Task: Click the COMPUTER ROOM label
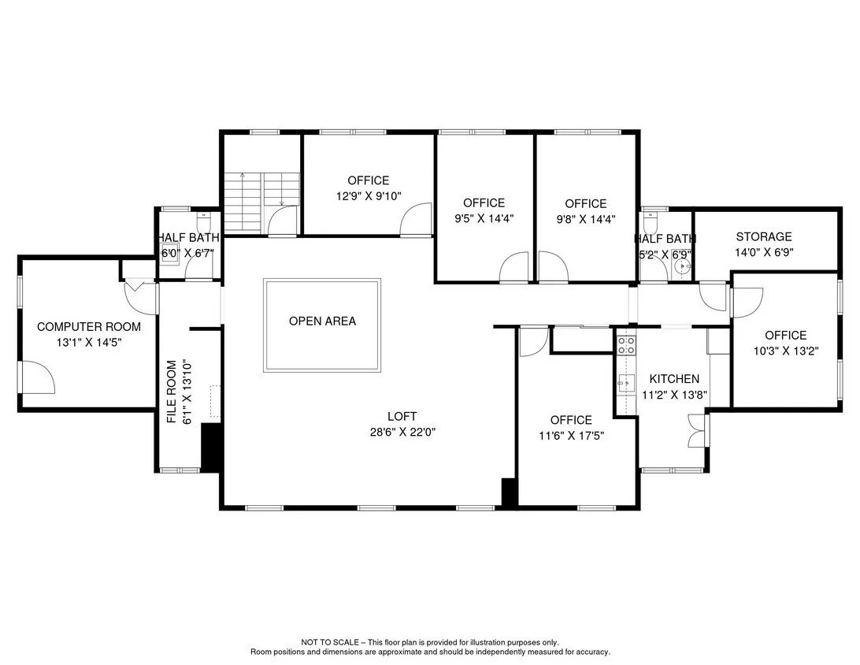tap(89, 327)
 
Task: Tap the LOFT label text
tap(402, 417)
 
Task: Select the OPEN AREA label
tap(323, 321)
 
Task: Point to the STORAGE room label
tap(764, 236)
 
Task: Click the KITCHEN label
tap(674, 378)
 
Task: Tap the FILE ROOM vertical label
tap(172, 392)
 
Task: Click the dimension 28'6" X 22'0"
tap(402, 432)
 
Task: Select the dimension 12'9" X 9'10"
tap(369, 196)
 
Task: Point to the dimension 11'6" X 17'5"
tap(572, 436)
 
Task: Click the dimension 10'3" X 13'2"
tap(786, 351)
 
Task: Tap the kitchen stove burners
tap(626, 345)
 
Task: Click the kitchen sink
tap(626, 382)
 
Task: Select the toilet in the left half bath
tap(203, 221)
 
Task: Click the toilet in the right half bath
tap(651, 221)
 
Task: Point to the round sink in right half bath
tap(683, 267)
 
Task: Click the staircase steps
tap(261, 201)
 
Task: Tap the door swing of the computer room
tap(37, 377)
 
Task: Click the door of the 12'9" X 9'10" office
tap(417, 220)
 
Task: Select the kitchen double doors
tap(697, 431)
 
